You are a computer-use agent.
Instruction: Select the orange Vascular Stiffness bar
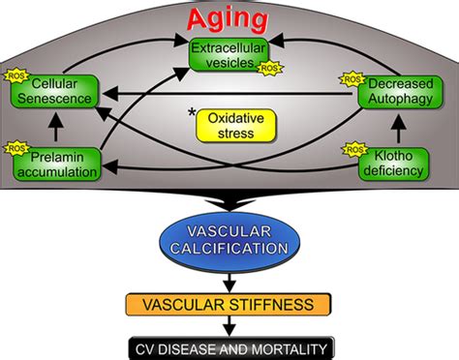[x=229, y=305]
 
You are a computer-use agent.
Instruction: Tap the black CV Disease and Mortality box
[x=229, y=346]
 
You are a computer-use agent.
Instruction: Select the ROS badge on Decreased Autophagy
[x=352, y=76]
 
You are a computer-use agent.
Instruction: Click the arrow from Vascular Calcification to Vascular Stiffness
[x=229, y=280]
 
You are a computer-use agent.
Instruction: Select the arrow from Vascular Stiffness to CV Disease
[x=229, y=326]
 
